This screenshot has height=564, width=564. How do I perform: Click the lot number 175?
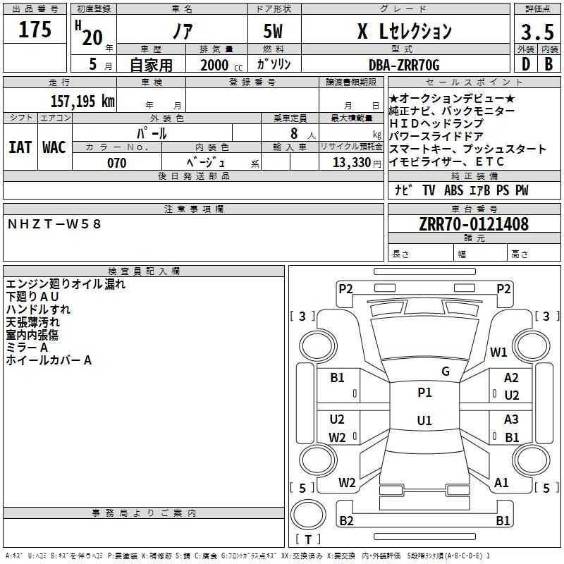pos(35,30)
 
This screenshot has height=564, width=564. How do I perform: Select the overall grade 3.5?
pos(537,32)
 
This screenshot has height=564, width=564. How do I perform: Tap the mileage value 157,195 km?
pos(82,102)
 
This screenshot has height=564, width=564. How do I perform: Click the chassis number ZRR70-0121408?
pos(474,224)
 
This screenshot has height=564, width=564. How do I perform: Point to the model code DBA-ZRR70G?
pos(404,65)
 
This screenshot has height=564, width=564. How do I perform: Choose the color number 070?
pos(117,163)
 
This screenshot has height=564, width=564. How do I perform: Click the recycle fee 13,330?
pos(352,163)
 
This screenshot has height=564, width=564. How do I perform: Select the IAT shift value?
pos(20,147)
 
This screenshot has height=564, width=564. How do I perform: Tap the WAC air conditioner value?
pos(54,147)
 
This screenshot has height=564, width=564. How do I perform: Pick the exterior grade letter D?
pos(526,64)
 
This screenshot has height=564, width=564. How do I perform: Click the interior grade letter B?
pos(548,64)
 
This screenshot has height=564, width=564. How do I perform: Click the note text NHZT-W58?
pos(54,224)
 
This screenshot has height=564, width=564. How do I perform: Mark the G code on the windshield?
pos(446,371)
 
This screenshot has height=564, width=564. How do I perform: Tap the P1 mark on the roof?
pos(424,392)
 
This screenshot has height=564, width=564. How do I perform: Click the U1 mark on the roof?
pos(424,420)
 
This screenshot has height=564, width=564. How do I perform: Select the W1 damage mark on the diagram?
pos(498,352)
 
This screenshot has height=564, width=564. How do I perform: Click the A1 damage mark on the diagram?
pos(501,483)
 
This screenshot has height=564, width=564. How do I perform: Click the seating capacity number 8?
pos(294,133)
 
